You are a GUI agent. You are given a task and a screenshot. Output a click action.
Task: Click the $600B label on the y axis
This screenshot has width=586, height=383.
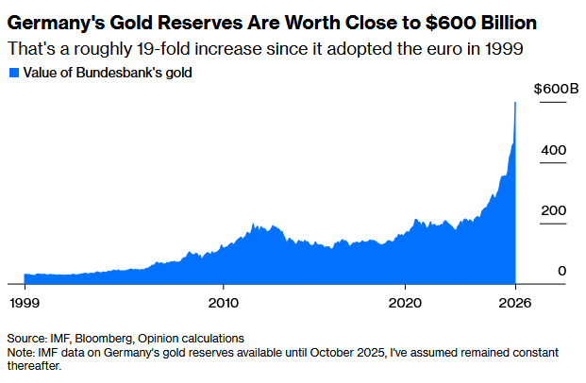556,89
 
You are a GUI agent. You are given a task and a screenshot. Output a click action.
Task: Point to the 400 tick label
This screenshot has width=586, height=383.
554,150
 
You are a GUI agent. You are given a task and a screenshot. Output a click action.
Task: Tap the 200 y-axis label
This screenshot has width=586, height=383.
554,210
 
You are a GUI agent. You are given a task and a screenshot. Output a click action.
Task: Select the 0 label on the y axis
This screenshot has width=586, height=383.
562,271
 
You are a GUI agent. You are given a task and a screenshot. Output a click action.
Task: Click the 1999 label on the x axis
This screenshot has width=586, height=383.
25,303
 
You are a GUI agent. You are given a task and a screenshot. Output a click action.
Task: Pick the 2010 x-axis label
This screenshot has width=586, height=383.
223,303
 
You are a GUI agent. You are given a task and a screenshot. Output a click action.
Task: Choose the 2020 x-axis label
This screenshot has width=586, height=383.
405,303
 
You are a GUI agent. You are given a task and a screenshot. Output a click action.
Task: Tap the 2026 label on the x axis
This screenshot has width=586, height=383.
515,303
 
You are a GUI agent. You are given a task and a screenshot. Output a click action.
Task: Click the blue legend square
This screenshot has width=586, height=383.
14,73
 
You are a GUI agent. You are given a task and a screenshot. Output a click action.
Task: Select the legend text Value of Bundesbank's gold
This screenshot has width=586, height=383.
108,73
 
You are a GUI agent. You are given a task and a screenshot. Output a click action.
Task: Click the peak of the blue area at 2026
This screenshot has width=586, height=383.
515,103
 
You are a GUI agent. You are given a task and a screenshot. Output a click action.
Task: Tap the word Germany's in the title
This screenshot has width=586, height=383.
56,23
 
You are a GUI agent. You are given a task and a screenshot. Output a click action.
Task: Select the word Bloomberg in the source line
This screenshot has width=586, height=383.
104,339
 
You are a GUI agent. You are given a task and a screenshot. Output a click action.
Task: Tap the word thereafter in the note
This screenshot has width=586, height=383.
34,366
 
